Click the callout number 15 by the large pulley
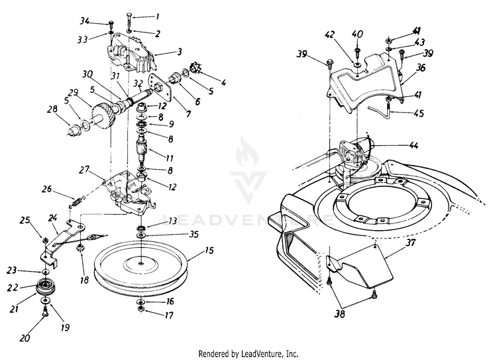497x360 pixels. point(191,253)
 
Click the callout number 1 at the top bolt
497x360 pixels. point(157,15)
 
